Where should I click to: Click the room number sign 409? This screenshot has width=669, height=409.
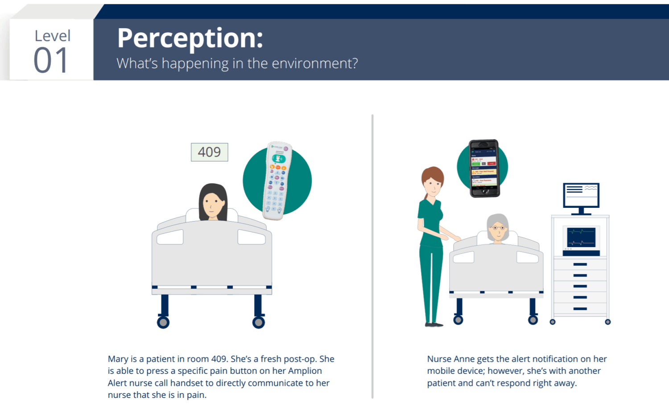click(x=209, y=152)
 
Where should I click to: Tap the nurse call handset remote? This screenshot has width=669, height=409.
click(x=277, y=181)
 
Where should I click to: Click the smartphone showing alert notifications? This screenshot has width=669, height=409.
click(x=484, y=168)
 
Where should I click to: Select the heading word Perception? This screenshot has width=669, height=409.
click(x=190, y=38)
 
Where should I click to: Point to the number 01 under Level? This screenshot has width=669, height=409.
click(x=51, y=61)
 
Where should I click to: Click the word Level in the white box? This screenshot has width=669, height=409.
click(x=53, y=36)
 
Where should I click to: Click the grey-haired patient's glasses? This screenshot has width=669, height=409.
click(x=498, y=228)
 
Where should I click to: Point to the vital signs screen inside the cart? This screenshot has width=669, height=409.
click(x=581, y=237)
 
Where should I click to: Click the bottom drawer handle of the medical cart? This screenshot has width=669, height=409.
click(x=580, y=309)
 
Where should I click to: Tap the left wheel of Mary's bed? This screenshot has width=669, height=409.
click(x=163, y=322)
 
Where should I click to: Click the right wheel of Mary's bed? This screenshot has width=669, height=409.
click(x=259, y=322)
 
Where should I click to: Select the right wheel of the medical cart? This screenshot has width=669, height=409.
click(x=607, y=322)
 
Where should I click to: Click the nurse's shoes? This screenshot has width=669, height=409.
click(x=434, y=324)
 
